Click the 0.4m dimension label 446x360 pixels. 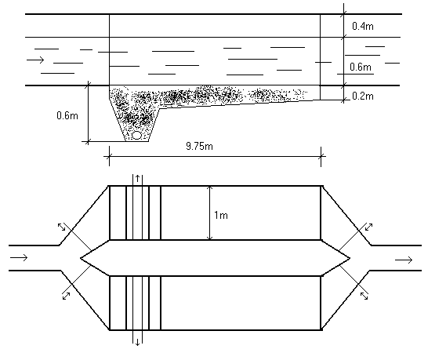[x=363, y=26]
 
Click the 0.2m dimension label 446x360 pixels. [x=363, y=96]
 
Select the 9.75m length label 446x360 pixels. [x=199, y=146]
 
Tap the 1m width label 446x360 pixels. [x=221, y=215]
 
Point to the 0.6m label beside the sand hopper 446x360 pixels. [x=67, y=115]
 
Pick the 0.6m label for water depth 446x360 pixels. [x=361, y=67]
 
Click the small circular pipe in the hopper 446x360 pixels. [x=137, y=136]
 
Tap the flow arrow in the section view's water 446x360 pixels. [x=35, y=60]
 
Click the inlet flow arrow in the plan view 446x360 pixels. [x=19, y=257]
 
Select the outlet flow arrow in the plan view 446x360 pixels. [x=404, y=260]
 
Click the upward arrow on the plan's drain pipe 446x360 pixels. [x=138, y=179]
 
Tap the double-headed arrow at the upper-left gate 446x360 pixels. [x=61, y=227]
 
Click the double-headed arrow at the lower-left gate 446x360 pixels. [x=66, y=296]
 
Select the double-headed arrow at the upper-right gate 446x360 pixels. [x=368, y=227]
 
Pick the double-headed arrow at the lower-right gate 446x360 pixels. [x=364, y=296]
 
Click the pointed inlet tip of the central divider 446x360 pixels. [x=81, y=258]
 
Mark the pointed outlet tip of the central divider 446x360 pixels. [x=350, y=258]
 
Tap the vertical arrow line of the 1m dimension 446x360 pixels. [x=210, y=213]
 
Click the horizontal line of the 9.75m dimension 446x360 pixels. [x=215, y=156]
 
